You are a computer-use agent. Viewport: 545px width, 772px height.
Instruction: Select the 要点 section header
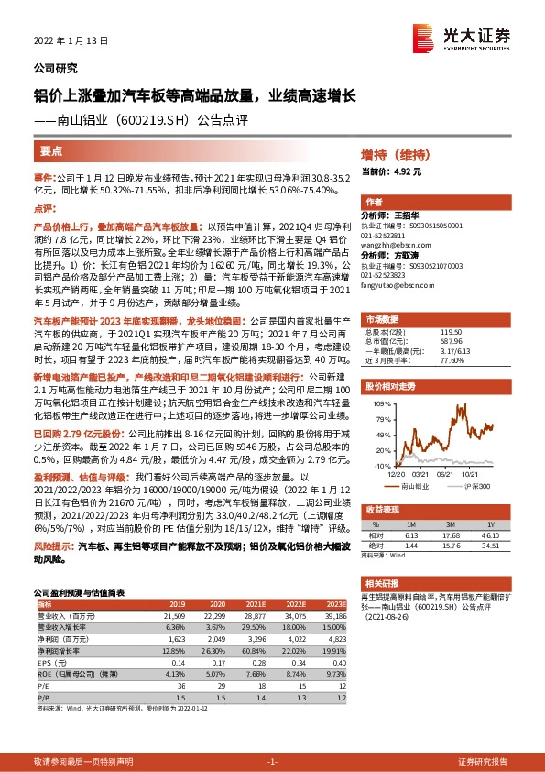pyautogui.click(x=52, y=151)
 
